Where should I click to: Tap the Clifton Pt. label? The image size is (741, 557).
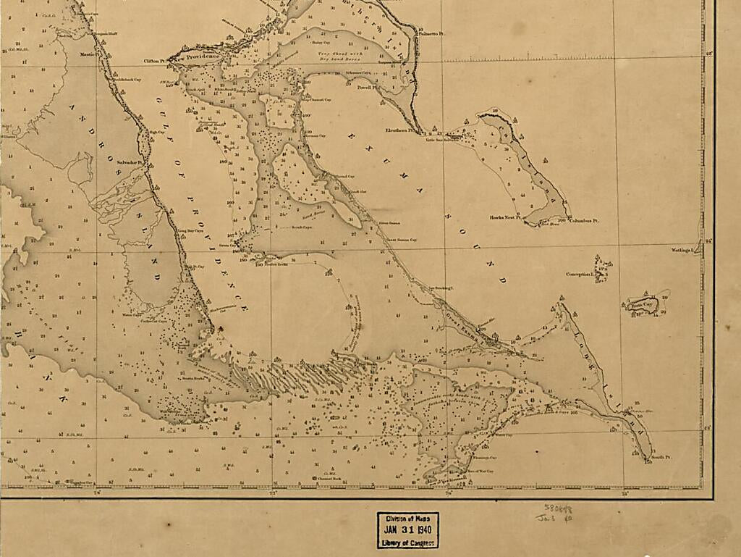pyautogui.click(x=155, y=62)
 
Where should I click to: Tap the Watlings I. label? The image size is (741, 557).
pyautogui.click(x=682, y=250)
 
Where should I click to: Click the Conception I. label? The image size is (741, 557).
pyautogui.click(x=580, y=275)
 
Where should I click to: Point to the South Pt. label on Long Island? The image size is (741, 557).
pyautogui.click(x=661, y=458)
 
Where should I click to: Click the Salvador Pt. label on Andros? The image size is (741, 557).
pyautogui.click(x=131, y=163)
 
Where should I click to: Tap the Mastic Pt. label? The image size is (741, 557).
pyautogui.click(x=88, y=54)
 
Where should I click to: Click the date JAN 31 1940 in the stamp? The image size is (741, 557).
pyautogui.click(x=407, y=529)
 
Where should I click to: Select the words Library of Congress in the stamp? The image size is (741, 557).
pyautogui.click(x=407, y=543)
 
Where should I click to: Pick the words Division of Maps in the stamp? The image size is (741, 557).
pyautogui.click(x=407, y=518)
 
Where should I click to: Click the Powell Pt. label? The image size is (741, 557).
pyautogui.click(x=364, y=87)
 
